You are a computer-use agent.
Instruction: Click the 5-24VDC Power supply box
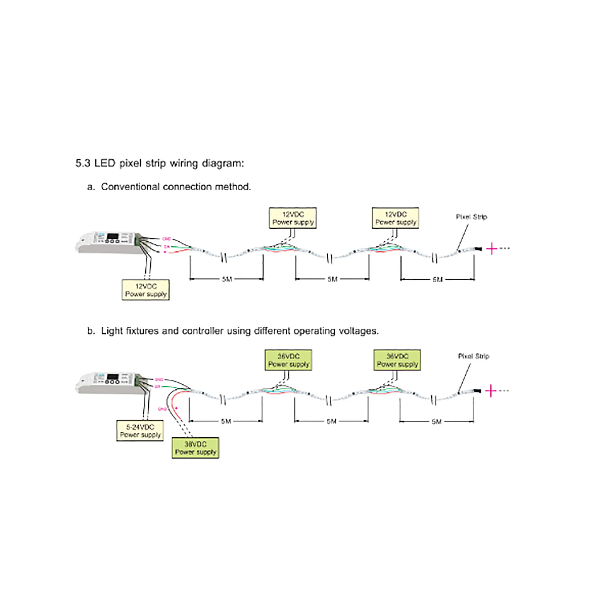tap(140, 431)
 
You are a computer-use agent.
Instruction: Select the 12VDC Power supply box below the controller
tap(146, 290)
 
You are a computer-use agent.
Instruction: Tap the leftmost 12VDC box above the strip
tap(292, 218)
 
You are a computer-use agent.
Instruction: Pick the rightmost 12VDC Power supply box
tap(395, 218)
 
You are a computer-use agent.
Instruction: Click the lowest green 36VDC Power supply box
tap(195, 448)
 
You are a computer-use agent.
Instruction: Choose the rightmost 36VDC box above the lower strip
tap(397, 360)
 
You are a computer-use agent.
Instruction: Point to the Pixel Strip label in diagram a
tap(471, 217)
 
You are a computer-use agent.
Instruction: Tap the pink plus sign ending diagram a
tap(492, 249)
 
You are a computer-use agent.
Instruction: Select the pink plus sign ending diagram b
tap(491, 390)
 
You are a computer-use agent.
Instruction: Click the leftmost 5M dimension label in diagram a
tap(227, 279)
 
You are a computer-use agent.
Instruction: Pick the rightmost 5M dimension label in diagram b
tap(436, 421)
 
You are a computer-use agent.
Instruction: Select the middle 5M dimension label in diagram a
tap(332, 279)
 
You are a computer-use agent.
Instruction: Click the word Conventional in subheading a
tap(130, 187)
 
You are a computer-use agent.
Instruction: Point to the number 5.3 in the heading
tap(83, 163)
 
